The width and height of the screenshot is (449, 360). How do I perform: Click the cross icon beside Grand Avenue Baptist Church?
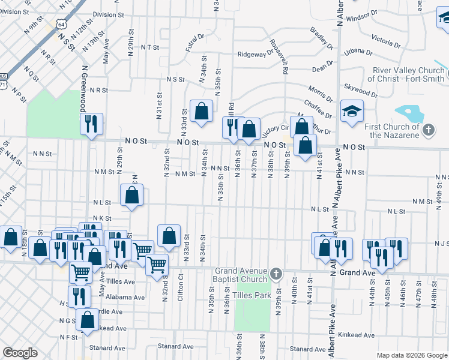pos(276,274)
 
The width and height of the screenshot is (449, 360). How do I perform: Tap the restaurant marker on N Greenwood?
pos(91,124)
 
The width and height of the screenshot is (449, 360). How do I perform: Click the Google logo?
pos(20,353)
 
